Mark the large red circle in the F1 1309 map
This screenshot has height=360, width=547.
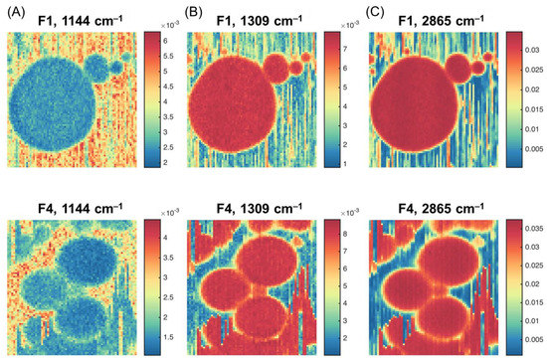239,105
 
